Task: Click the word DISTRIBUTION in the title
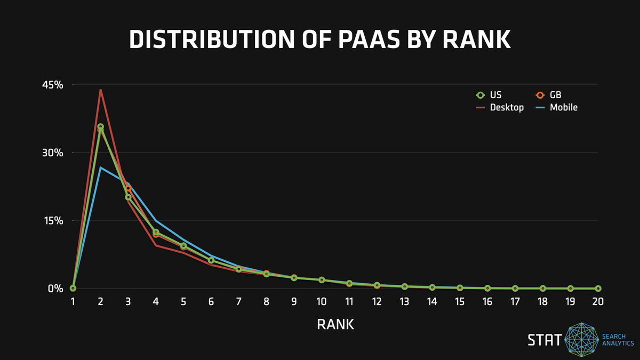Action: coord(212,39)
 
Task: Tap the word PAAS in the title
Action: coord(369,39)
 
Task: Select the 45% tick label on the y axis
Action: coord(53,85)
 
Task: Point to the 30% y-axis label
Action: coord(53,153)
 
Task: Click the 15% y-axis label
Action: coord(53,221)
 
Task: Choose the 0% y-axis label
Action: coord(55,289)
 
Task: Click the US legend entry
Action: coord(489,95)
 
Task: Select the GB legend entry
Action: coord(549,95)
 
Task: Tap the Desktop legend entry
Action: coord(500,107)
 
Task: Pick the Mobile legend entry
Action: coord(557,107)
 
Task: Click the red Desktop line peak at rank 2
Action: coord(101,90)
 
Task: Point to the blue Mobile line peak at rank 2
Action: coord(100,167)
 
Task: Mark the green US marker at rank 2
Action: coord(101,126)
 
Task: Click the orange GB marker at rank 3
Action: coord(129,188)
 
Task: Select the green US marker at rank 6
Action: coord(211,260)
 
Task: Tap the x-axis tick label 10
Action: coord(322,301)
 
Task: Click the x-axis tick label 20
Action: coord(598,301)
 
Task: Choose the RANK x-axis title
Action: coord(335,325)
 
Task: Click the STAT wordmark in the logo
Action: coord(545,340)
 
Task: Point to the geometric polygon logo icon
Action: coord(581,324)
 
